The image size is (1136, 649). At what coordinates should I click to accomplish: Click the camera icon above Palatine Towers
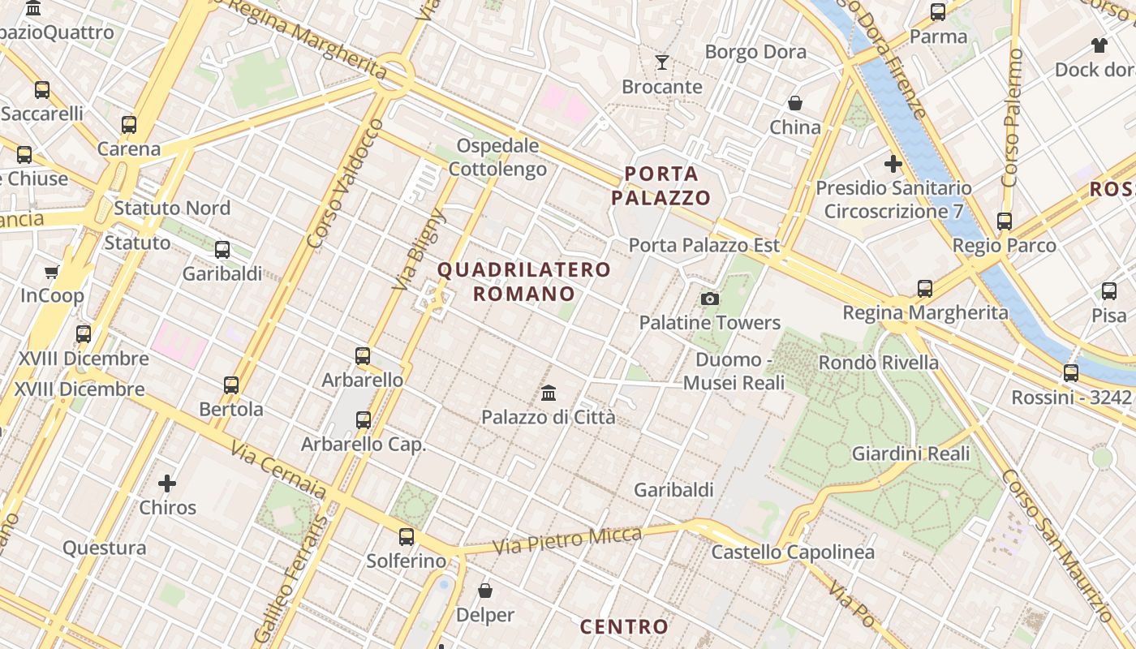coord(710,299)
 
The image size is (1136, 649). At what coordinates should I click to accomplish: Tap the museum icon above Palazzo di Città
coord(549,393)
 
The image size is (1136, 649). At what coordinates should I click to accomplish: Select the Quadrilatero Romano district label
coord(524,281)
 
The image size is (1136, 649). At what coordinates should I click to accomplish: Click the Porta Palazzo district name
coord(661,185)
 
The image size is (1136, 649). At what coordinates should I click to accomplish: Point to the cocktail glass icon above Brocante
coord(662,62)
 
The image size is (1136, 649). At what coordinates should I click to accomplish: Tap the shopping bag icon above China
coord(795,103)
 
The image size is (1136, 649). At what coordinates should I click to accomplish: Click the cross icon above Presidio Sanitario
coord(893,164)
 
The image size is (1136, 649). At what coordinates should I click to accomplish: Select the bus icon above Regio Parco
coord(1005,221)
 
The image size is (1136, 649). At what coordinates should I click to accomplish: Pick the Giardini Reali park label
coord(910,453)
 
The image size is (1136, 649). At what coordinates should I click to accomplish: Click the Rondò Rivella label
coord(879,362)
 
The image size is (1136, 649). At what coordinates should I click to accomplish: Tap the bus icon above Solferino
coord(407,536)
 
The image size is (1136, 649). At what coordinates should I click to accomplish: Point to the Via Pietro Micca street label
coord(566,539)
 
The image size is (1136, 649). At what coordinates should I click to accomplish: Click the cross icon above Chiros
coord(167,484)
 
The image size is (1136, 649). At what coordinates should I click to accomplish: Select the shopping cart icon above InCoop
coord(52,272)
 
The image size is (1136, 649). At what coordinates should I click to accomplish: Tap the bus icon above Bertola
coord(231,385)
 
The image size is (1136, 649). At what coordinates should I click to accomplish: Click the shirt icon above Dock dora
coord(1099,45)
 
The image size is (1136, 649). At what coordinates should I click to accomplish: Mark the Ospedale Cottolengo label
coord(497,157)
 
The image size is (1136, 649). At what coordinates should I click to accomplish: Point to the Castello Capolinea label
coord(793,552)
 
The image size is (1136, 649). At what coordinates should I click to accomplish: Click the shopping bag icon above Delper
coord(485,591)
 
